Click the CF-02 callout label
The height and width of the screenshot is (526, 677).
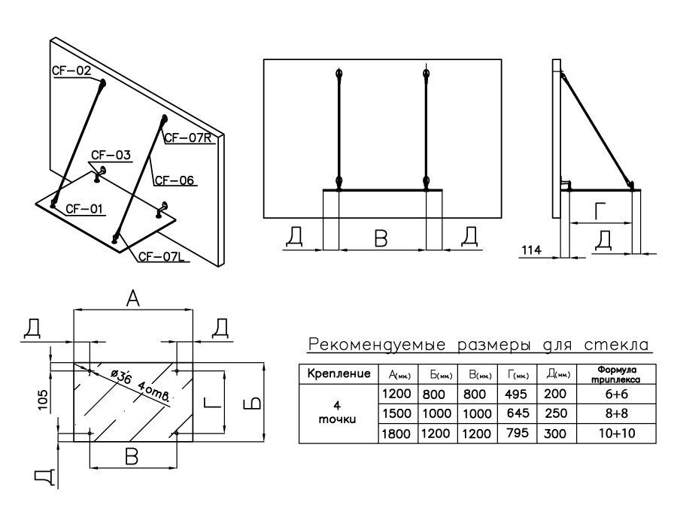[71, 71]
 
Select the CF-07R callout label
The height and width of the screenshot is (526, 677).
[190, 138]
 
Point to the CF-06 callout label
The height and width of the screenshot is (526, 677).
[175, 180]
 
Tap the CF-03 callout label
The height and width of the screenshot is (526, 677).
[111, 156]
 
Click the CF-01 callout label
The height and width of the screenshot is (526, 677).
[83, 208]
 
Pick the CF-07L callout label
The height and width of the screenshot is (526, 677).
[161, 258]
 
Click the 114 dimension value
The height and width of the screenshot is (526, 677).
[531, 249]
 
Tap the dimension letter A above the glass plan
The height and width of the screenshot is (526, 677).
[132, 300]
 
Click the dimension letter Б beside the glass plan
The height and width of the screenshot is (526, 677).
[255, 404]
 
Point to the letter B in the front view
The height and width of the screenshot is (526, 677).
[381, 238]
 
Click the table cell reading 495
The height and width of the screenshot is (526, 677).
[518, 393]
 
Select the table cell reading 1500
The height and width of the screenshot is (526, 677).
[398, 413]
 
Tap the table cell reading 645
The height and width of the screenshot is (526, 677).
[518, 413]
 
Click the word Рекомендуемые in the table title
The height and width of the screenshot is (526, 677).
[369, 346]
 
